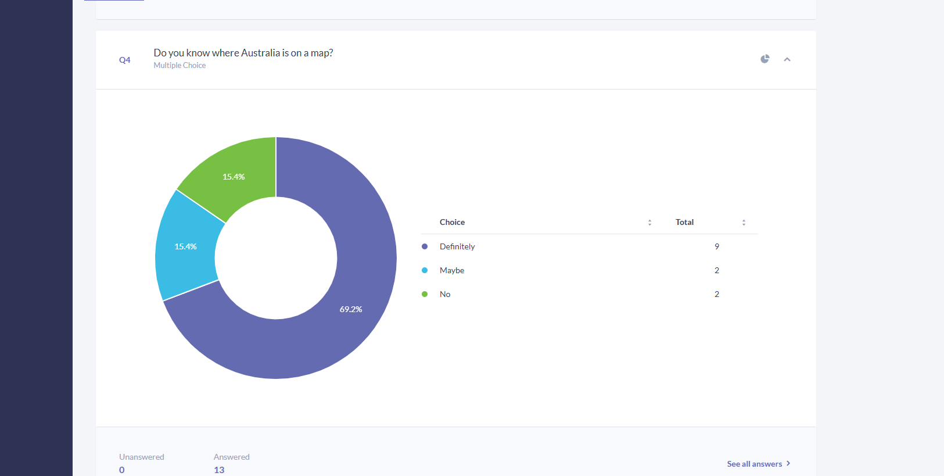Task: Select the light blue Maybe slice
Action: point(185,246)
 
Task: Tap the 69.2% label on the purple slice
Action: point(351,309)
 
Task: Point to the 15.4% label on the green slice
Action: point(234,177)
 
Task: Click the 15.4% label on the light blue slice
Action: point(185,246)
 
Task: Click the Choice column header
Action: point(452,222)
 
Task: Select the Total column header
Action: point(684,222)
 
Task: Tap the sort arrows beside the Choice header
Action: point(649,223)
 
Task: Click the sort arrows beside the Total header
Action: point(744,223)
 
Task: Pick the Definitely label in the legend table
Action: point(457,246)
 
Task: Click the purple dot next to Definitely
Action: point(425,246)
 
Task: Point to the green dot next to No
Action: point(425,294)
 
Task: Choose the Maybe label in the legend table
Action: point(452,270)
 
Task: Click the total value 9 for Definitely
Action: point(717,246)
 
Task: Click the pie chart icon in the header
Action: point(765,59)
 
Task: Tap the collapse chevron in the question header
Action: point(787,59)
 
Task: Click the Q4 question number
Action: point(125,60)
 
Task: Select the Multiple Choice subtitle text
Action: point(180,65)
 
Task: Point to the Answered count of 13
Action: point(219,470)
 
